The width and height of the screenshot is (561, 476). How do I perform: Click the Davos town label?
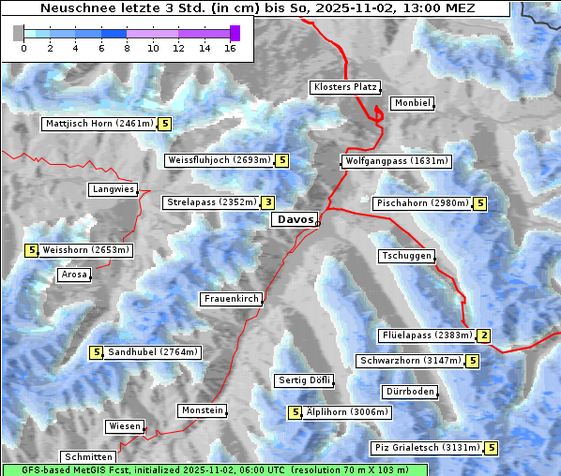(x=295, y=219)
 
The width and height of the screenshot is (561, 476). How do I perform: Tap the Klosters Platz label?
(x=344, y=87)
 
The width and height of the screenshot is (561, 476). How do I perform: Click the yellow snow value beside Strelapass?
(x=268, y=202)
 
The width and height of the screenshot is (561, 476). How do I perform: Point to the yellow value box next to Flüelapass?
(x=484, y=335)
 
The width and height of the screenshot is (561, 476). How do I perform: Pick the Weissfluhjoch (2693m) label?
(x=219, y=160)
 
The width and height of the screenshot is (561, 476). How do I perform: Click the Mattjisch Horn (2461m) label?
(x=99, y=124)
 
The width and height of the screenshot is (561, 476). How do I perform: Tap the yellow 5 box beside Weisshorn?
(x=31, y=250)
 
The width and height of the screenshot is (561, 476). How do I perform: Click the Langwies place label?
(x=113, y=189)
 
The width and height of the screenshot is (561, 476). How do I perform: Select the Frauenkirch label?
(x=231, y=299)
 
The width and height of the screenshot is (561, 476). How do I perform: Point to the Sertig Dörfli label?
(x=304, y=380)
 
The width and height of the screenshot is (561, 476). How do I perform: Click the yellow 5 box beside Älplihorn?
(x=296, y=412)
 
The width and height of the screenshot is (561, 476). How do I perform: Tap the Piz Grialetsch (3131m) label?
(x=427, y=448)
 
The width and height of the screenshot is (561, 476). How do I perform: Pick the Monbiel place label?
(x=412, y=103)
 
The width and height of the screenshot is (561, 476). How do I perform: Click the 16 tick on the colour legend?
(x=231, y=48)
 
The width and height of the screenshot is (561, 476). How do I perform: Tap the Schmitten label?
(x=90, y=457)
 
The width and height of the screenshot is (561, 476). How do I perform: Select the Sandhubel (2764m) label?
(x=152, y=352)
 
